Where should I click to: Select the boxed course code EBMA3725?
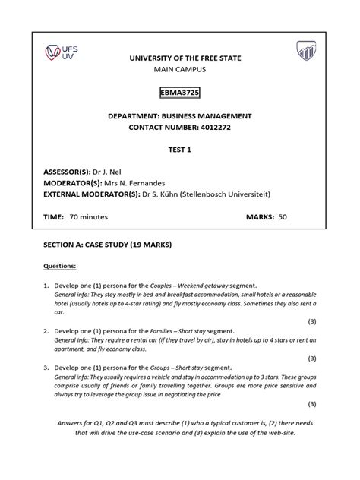pos(179,93)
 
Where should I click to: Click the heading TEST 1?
pos(179,150)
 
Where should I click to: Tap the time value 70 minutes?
pos(88,217)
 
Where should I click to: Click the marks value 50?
pos(283,217)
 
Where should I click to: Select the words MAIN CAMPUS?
pos(179,69)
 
